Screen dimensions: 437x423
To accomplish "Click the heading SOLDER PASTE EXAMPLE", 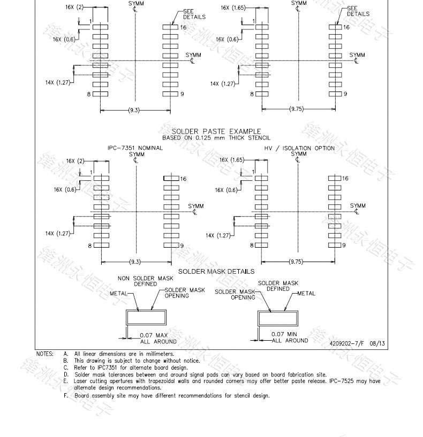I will pyautogui.click(x=216, y=131).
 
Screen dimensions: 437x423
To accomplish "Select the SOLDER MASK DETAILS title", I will pyautogui.click(x=216, y=271).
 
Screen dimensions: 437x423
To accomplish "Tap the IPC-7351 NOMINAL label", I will pyautogui.click(x=135, y=148).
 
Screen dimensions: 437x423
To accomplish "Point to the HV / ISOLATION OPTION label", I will pyautogui.click(x=299, y=148).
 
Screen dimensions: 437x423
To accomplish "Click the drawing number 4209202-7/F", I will pyautogui.click(x=346, y=343).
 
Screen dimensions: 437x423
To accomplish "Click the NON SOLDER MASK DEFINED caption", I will pyautogui.click(x=138, y=281).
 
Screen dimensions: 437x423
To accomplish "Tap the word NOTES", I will pyautogui.click(x=44, y=354).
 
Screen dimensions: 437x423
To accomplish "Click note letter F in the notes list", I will pyautogui.click(x=65, y=395).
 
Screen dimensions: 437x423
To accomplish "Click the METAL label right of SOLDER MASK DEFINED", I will pyautogui.click(x=306, y=293).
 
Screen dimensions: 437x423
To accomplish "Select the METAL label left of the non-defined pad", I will pyautogui.click(x=118, y=294).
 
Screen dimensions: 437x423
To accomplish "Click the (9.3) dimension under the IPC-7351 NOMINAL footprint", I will pyautogui.click(x=135, y=262).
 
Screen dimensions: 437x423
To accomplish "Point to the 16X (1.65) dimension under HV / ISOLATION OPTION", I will pyautogui.click(x=231, y=160).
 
